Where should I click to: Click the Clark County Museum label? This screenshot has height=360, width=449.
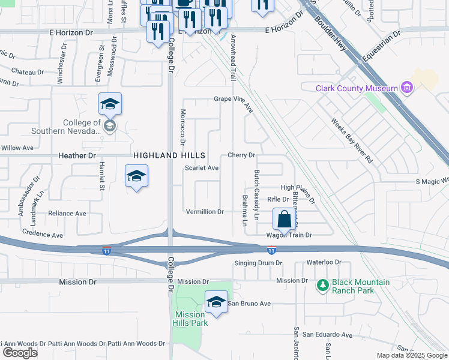point(357,88)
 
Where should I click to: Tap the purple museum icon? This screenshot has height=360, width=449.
point(408,88)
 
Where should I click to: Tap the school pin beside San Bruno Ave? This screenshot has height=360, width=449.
point(216,301)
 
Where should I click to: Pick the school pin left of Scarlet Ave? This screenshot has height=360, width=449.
point(137,176)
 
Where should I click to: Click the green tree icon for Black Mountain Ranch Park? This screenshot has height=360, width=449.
point(323,284)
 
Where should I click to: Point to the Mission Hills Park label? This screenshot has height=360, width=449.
point(190,319)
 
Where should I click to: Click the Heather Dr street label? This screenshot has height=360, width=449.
point(77,155)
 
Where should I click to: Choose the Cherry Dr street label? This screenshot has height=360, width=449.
point(242,155)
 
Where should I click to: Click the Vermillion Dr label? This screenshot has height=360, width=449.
point(205,212)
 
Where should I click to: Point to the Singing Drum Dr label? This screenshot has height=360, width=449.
point(258,263)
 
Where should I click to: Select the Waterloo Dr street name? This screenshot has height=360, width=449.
point(324,263)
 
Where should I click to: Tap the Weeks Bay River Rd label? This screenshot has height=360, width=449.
point(352,140)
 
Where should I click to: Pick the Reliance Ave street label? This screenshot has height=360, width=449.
point(67,213)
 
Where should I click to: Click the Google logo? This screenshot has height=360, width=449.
point(20,353)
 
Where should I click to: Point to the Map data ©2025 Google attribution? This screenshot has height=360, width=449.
point(411,355)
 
